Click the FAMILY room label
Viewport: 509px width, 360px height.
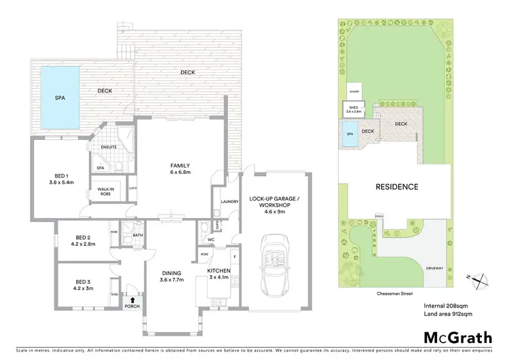point(180,165)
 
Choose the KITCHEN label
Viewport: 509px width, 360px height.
point(219,270)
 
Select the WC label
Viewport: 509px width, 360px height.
point(210,240)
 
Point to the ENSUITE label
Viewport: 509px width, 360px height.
point(109,147)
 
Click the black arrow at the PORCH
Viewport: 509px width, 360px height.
point(133,299)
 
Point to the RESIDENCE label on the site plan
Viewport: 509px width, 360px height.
point(398,186)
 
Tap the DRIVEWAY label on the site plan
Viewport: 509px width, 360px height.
point(434,268)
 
